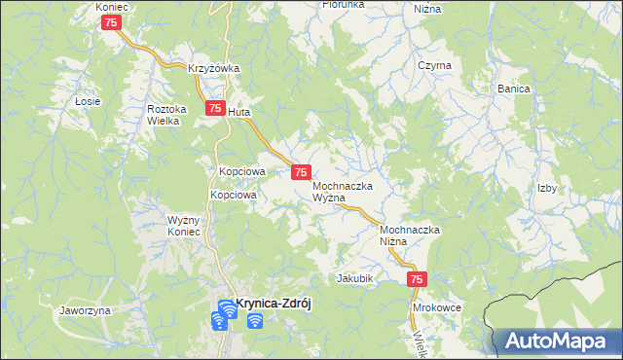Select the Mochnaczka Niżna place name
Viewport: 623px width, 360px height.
411,235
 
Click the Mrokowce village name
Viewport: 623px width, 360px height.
436,306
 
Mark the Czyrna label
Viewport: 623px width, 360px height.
434,65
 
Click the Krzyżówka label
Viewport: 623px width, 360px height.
214,68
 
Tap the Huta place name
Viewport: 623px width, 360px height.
240,113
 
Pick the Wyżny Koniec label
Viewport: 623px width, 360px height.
183,226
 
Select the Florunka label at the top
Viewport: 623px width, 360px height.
344,5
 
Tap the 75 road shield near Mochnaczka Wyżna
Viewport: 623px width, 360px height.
301,172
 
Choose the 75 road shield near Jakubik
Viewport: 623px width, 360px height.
416,280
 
